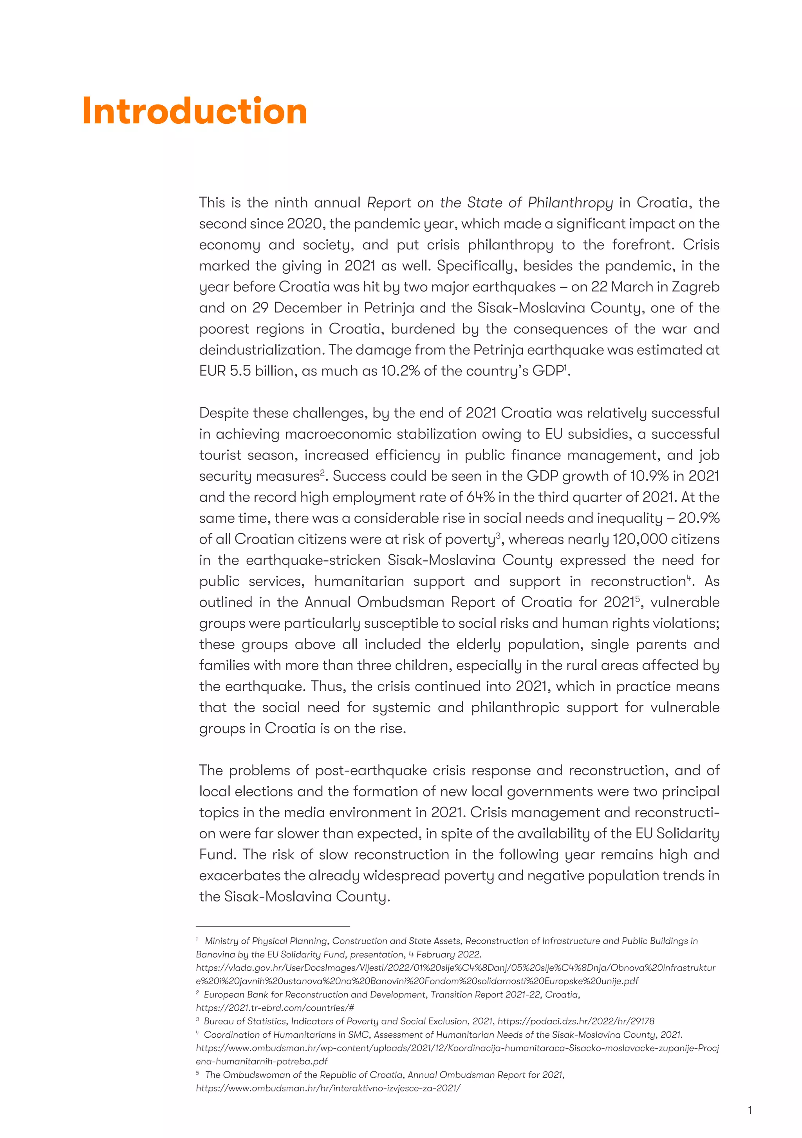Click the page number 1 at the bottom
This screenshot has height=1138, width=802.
coord(750,1110)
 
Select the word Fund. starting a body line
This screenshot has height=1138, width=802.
coord(218,855)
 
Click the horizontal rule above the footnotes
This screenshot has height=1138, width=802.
coord(273,926)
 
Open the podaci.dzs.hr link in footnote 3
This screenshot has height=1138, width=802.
coord(576,1021)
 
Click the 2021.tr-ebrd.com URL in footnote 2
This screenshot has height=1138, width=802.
coord(275,1008)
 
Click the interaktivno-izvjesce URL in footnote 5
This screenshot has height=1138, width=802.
coord(328,1088)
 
